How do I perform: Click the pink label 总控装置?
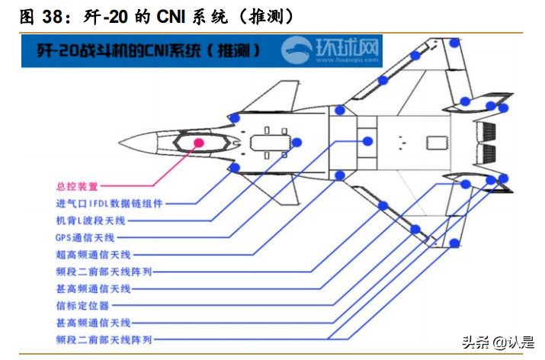77,185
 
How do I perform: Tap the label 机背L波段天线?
90,220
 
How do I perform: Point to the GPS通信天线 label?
85,237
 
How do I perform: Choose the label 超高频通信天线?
93,254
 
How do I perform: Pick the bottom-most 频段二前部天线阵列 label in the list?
104,339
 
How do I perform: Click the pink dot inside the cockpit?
199,142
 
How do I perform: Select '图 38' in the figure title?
37,15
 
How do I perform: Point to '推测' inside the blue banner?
237,51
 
